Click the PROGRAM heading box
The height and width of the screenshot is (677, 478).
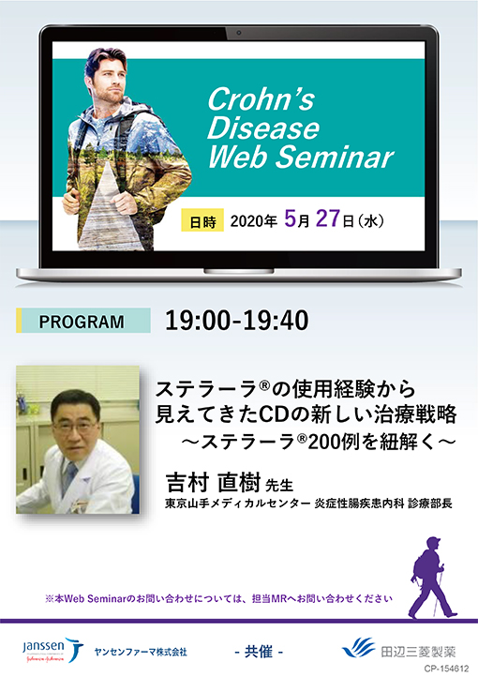(x=82, y=322)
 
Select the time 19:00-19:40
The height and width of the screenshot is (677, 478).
(x=236, y=321)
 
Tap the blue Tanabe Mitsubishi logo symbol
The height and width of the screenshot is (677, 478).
(x=358, y=649)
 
